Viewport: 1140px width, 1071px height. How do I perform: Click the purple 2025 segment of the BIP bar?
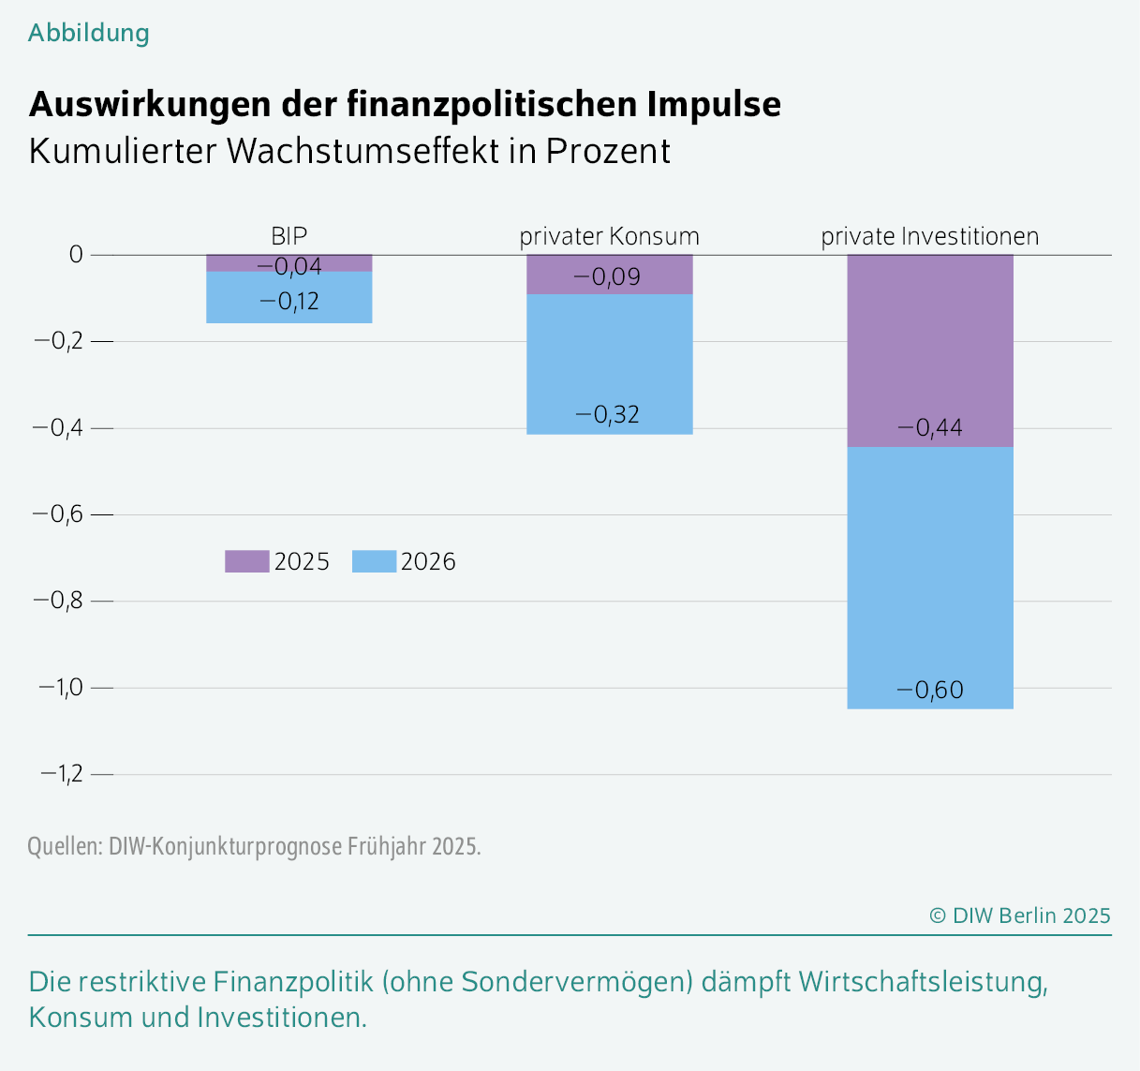point(225,262)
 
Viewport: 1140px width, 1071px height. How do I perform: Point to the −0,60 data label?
point(930,691)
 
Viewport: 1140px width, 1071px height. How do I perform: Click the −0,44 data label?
point(930,428)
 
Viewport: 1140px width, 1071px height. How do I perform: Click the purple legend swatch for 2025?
point(247,561)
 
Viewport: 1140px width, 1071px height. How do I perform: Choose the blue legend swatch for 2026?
point(374,561)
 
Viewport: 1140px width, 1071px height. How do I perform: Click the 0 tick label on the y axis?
point(76,255)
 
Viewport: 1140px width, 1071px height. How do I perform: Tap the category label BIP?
point(289,235)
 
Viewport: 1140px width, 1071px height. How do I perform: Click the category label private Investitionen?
point(930,236)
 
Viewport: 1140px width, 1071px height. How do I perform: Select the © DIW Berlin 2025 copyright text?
point(1020,915)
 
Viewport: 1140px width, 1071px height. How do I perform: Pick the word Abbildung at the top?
point(89,33)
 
